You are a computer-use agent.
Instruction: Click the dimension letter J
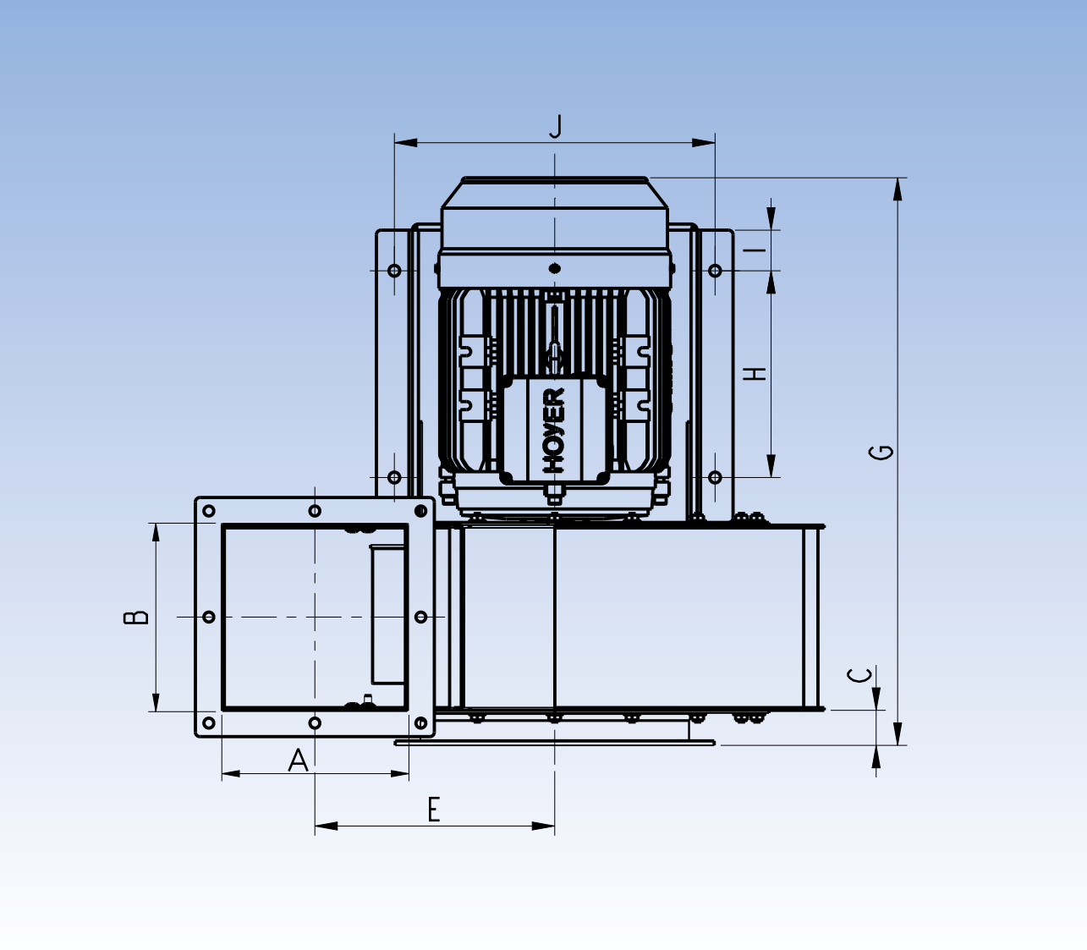(556, 126)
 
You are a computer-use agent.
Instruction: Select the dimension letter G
(881, 451)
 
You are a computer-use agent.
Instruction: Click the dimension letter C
(860, 675)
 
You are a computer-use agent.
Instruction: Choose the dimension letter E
(434, 810)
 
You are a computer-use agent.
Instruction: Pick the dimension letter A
(298, 761)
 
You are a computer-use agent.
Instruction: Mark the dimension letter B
(135, 617)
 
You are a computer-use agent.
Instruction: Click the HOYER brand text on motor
(554, 430)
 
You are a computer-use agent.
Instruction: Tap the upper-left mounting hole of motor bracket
(394, 271)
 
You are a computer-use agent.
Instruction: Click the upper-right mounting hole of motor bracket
(715, 271)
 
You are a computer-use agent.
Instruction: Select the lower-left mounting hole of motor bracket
(394, 477)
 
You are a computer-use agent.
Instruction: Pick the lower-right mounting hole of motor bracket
(715, 477)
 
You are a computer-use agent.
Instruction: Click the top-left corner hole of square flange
(209, 511)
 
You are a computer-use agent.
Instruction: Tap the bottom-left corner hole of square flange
(209, 723)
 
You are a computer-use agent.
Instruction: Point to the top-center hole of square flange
(315, 511)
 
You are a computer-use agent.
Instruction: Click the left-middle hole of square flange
(209, 617)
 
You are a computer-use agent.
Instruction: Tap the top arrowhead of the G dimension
(898, 189)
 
